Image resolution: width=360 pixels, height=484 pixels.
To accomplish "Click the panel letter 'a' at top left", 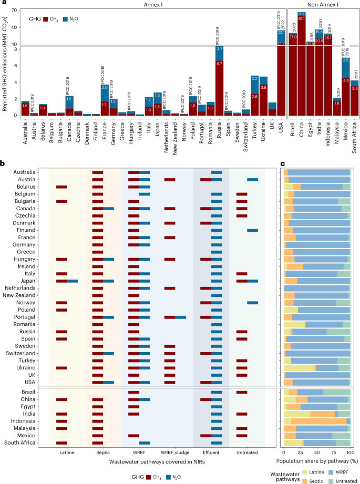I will tap(3, 4).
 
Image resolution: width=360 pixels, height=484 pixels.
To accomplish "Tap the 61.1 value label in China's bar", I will tap(302, 18).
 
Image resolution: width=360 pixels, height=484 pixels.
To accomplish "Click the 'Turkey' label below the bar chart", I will tap(254, 129).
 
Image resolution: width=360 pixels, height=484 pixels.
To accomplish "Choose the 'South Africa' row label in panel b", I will tap(20, 444).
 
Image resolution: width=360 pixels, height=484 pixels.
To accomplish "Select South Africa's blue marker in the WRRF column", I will tap(144, 444).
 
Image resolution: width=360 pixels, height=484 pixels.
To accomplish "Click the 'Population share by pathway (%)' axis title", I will tap(317, 460).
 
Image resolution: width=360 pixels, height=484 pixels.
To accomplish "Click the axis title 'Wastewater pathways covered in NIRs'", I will tap(156, 461).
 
